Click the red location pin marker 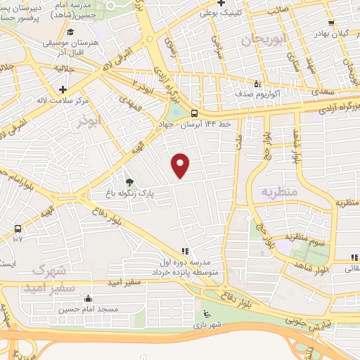(181, 165)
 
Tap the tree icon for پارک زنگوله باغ (128, 181)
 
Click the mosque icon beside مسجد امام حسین (87, 297)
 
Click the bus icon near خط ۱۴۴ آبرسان (194, 113)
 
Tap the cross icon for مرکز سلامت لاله (64, 89)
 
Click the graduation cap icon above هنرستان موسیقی (70, 32)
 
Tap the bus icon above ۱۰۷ (18, 229)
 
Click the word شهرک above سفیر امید (50, 271)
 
